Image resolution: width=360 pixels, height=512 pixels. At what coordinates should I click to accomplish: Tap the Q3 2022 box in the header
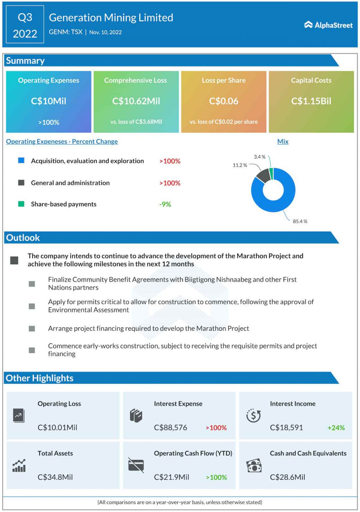25,25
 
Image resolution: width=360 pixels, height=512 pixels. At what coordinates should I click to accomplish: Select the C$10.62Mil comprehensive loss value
136,101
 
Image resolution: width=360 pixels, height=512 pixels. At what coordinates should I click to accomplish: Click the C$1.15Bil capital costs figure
311,101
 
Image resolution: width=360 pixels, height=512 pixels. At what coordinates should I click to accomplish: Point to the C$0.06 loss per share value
223,101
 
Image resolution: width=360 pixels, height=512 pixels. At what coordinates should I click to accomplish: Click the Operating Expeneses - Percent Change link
62,141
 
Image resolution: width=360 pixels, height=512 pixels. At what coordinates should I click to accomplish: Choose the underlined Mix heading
283,141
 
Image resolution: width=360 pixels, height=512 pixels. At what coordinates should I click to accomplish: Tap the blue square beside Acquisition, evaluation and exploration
21,160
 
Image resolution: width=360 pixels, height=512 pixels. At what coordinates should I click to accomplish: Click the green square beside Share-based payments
21,204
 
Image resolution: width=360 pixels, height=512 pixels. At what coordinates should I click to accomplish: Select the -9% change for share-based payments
165,204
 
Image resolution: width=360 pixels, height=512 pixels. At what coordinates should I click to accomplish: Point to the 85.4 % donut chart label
300,221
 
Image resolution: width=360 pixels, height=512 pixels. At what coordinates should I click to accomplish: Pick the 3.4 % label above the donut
259,157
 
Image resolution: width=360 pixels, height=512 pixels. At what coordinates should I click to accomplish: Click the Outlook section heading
23,238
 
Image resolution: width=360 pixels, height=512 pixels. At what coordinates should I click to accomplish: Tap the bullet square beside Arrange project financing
32,329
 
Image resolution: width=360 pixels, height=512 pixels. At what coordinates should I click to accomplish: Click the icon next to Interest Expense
136,416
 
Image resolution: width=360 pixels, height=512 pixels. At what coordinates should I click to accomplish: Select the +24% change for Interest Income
336,428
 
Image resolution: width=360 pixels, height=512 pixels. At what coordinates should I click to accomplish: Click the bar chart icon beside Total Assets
19,466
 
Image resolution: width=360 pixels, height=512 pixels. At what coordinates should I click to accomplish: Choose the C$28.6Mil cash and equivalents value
287,477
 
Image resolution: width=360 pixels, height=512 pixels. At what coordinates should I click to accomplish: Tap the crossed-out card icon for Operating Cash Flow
136,465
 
